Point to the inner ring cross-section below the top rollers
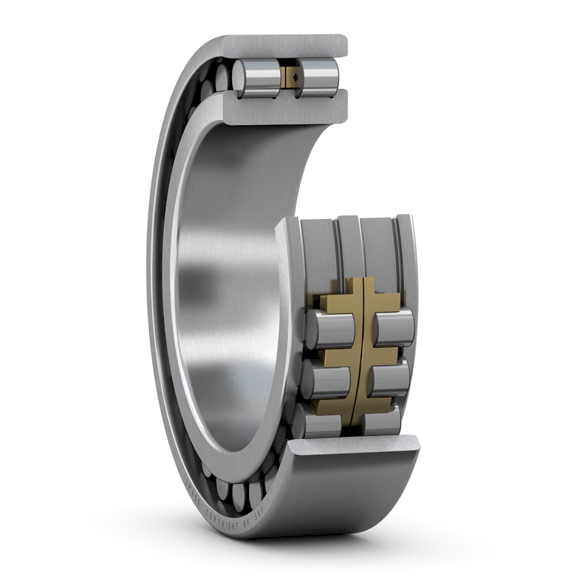286,107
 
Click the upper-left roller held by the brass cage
331,328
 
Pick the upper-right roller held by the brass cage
395,328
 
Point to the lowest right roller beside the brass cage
381,422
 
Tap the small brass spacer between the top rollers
289,78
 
